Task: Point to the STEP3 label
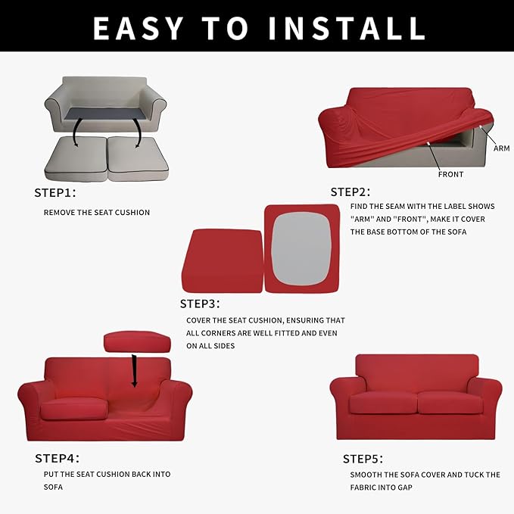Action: pyautogui.click(x=200, y=304)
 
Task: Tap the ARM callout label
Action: pyautogui.click(x=501, y=148)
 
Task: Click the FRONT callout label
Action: pyautogui.click(x=450, y=174)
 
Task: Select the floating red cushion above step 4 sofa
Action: pyautogui.click(x=137, y=341)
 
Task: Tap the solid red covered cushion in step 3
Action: pyautogui.click(x=222, y=261)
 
